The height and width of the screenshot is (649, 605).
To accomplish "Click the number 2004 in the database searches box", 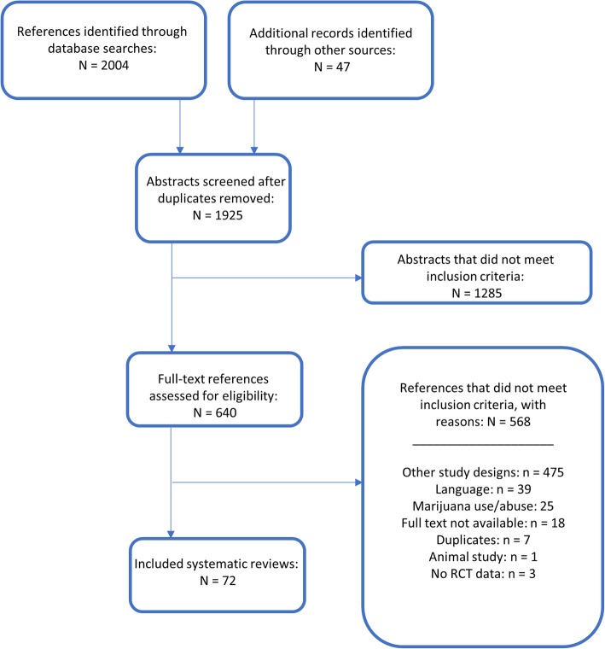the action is [x=115, y=66].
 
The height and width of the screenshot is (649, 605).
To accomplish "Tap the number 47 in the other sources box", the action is [x=343, y=67].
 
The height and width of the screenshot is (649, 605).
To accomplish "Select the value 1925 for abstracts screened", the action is [x=229, y=215].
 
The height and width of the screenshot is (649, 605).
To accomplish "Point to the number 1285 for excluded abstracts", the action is [x=488, y=293].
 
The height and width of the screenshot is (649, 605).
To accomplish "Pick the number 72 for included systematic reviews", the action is [x=229, y=581].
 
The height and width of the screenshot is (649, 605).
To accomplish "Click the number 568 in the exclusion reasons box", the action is [x=520, y=422].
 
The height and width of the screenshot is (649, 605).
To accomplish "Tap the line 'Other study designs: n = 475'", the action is [x=483, y=472].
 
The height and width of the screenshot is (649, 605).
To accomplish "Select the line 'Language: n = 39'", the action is [x=483, y=489].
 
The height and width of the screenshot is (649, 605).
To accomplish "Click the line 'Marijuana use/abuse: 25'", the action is [x=483, y=506].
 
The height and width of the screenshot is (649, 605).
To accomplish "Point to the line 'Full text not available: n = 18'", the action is [x=483, y=523].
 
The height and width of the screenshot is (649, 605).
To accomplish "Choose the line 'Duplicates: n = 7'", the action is [x=483, y=541].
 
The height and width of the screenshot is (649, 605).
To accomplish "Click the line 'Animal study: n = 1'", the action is [x=483, y=557].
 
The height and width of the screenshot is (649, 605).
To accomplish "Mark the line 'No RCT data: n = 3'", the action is [x=483, y=574].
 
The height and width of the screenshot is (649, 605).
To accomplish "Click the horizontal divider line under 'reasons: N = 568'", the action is [x=483, y=445].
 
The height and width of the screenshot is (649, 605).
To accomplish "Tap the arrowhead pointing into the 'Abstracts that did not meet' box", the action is [x=359, y=278].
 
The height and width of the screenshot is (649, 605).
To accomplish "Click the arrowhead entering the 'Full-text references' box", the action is [x=172, y=348].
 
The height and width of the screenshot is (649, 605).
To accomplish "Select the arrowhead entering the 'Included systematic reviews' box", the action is [x=171, y=535].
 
